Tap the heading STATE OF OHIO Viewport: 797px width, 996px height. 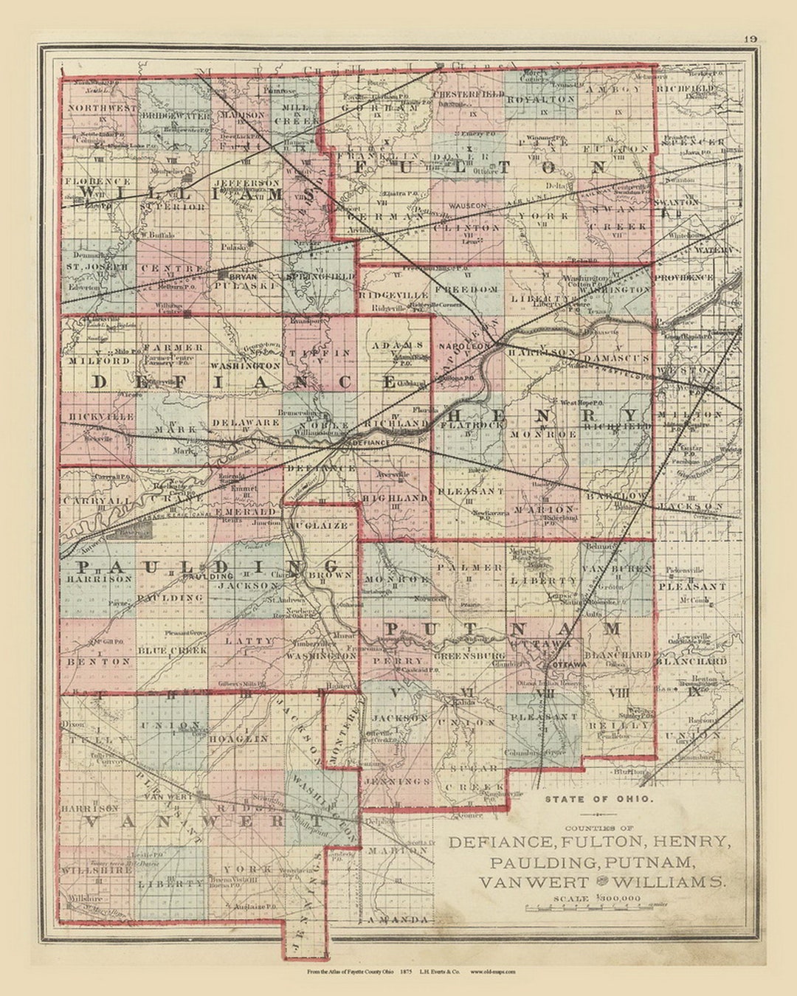pos(598,799)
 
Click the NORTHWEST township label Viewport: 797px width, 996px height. pos(102,108)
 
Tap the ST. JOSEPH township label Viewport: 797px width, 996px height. pos(97,266)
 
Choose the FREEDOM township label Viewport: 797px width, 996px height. pos(469,290)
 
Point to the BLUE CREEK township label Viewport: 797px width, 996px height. pos(172,651)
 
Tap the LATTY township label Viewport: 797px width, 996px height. pos(249,641)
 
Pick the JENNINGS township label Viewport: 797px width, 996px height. pos(396,781)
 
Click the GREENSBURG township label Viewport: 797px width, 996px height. pos(469,655)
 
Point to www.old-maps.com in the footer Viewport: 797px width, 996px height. pos(493,972)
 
